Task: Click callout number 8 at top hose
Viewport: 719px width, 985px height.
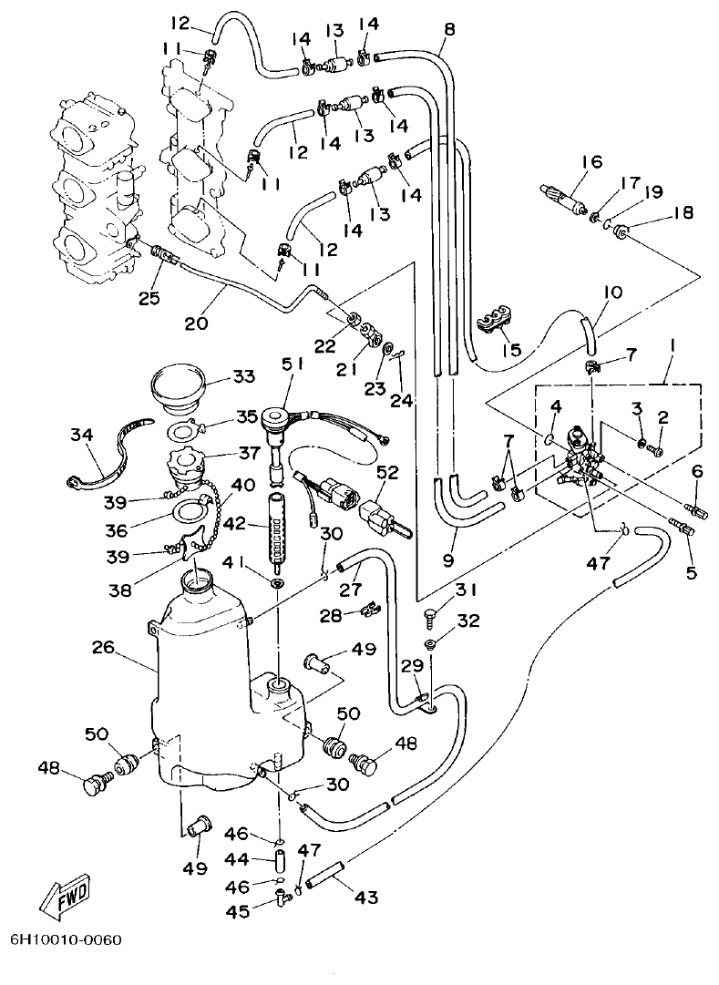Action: [x=448, y=29]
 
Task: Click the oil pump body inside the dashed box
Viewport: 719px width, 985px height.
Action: [x=580, y=446]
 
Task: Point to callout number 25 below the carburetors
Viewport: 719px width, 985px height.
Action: [x=149, y=297]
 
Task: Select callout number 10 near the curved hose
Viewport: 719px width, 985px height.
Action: [x=611, y=292]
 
